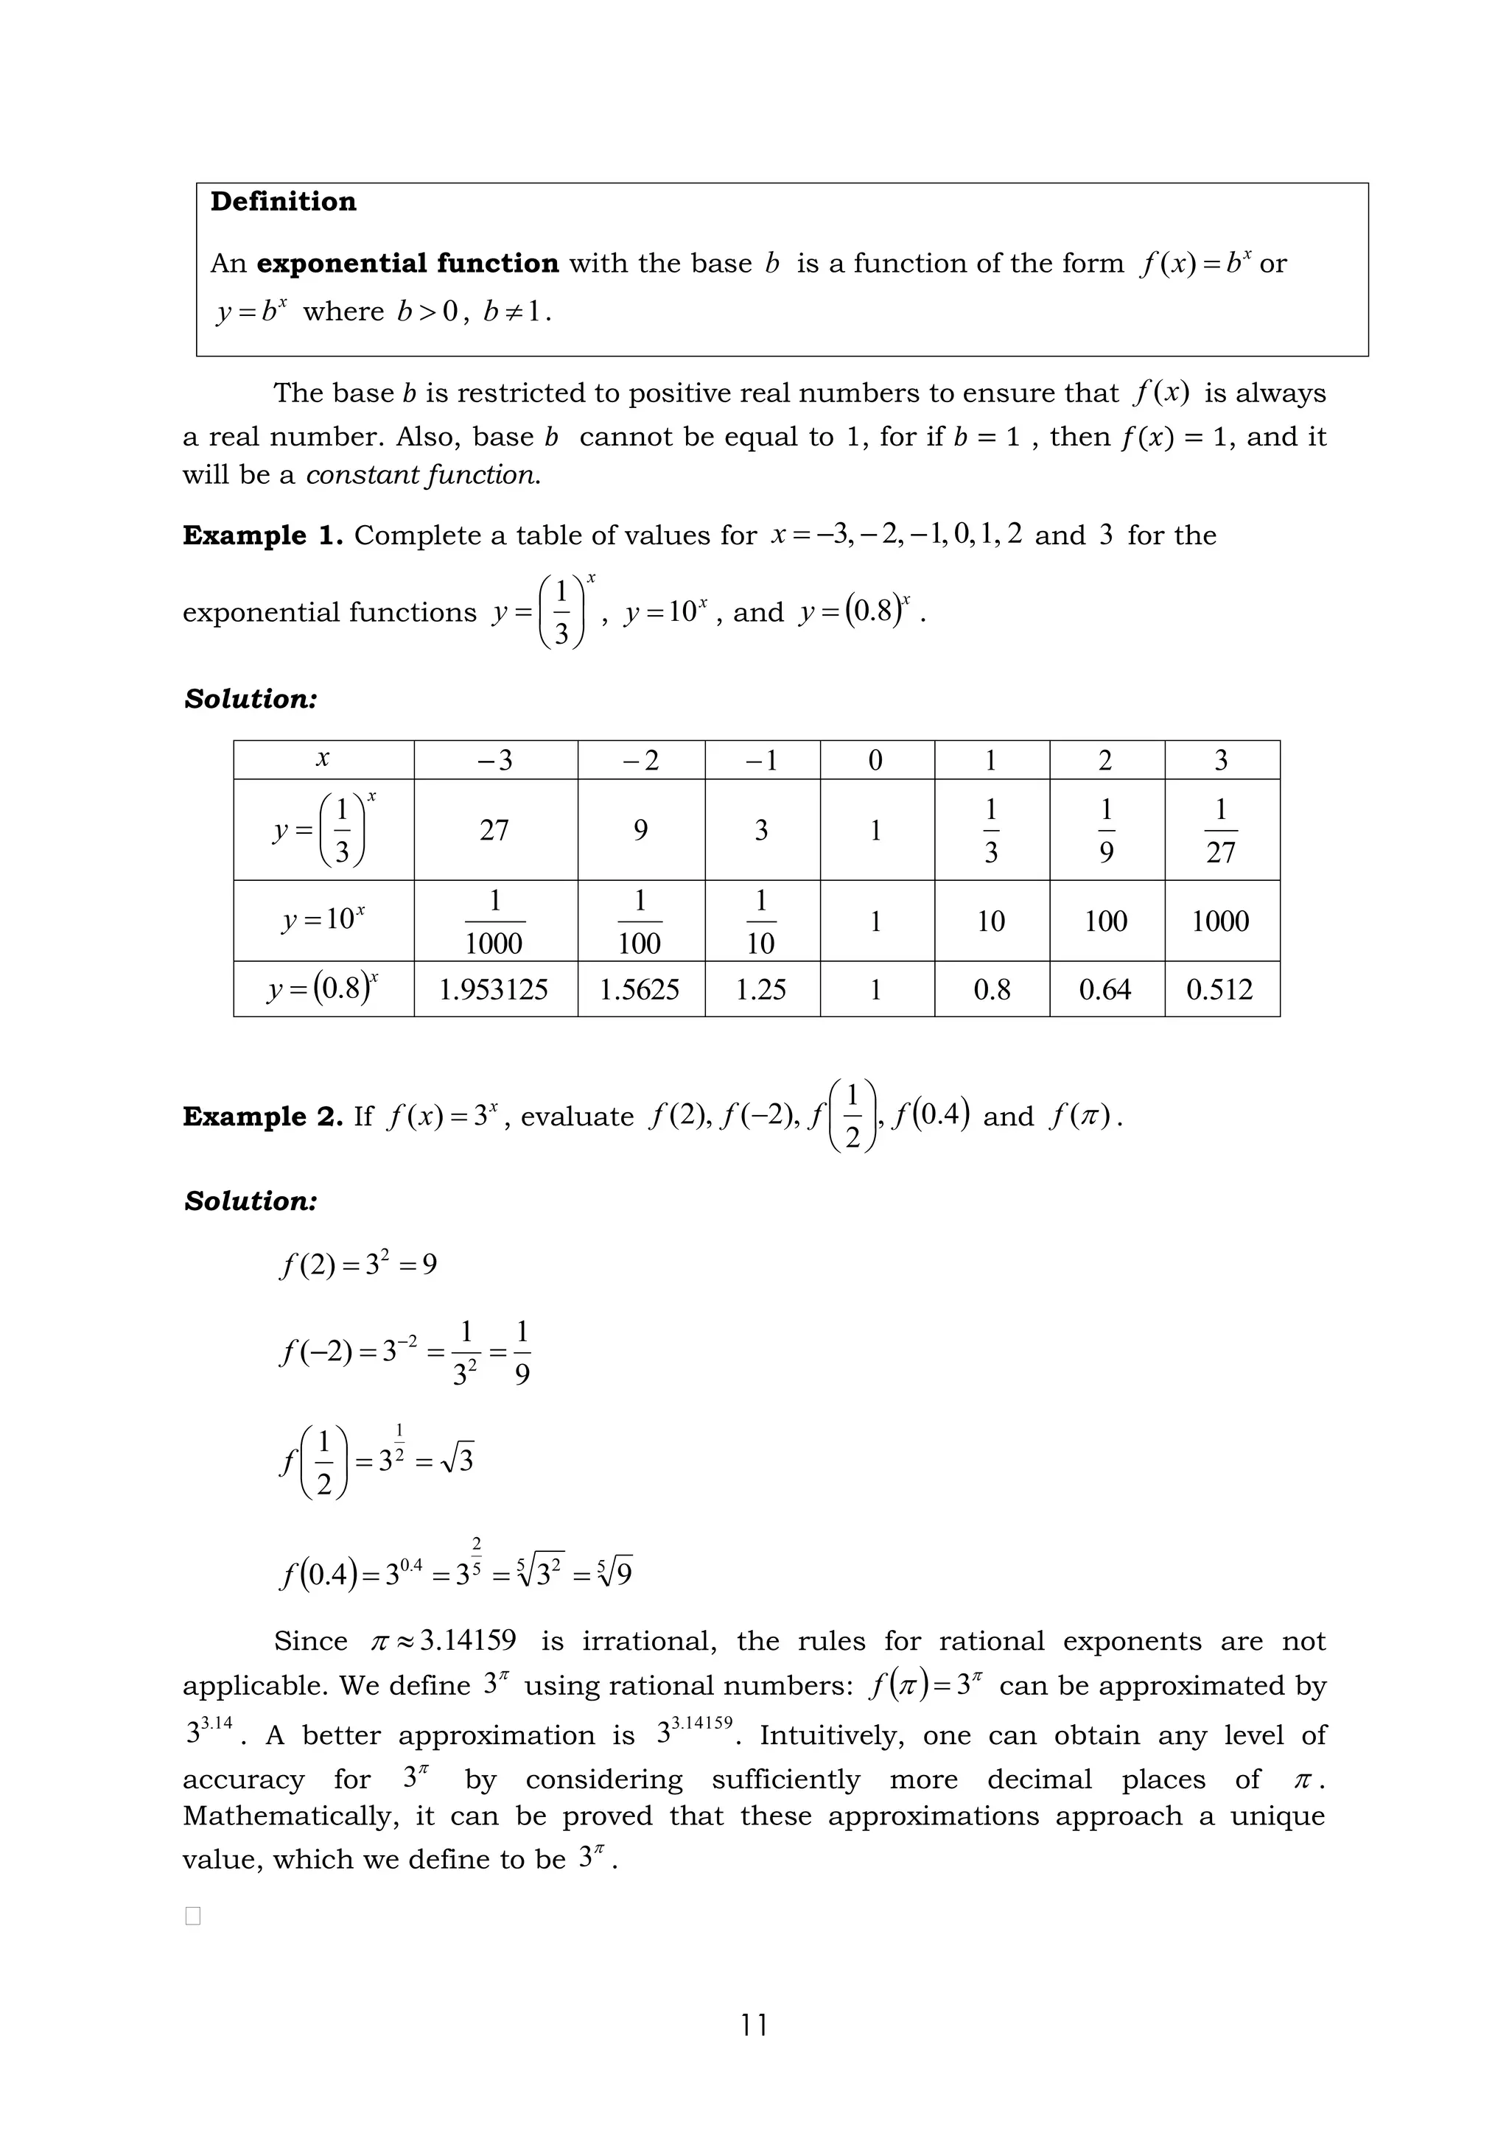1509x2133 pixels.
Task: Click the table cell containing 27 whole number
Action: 494,829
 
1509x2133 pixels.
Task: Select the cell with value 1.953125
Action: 494,989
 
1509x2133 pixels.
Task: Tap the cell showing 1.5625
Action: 640,989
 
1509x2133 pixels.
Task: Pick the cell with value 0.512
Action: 1219,989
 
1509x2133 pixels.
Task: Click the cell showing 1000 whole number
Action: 1219,921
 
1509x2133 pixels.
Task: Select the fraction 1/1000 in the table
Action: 494,921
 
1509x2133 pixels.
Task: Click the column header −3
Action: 494,761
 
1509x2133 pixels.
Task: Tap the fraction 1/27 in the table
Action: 1219,829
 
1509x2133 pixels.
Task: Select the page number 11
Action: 754,2025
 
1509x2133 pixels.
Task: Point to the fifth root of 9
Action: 615,1572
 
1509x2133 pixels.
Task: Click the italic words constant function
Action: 423,476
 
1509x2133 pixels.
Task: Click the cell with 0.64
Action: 1104,989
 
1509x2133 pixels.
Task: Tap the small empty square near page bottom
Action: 192,1916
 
